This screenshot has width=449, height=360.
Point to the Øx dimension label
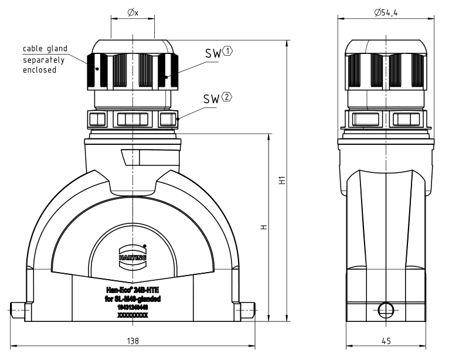tap(132, 12)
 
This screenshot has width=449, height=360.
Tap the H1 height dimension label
tap(281, 181)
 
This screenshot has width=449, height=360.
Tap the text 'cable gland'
tap(45, 48)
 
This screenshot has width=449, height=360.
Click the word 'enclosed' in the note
tap(39, 70)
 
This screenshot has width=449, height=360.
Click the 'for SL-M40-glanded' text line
tap(132, 299)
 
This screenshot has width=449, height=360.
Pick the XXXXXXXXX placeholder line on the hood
tap(132, 315)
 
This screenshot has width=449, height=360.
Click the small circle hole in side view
tap(385, 309)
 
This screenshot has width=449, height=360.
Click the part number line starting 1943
tap(132, 307)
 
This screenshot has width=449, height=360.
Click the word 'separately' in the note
tap(43, 59)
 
